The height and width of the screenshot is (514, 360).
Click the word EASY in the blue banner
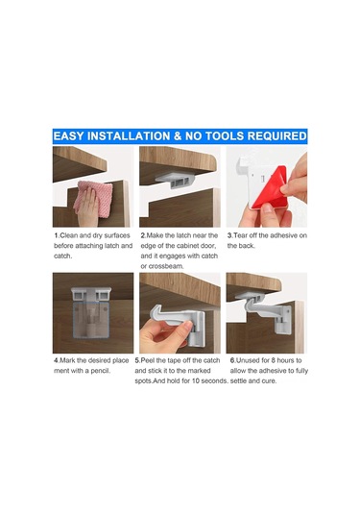(x=68, y=136)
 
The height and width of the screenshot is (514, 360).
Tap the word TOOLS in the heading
(x=226, y=136)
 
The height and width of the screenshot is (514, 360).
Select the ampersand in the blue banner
(x=178, y=136)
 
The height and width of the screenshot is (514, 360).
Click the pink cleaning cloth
(x=93, y=198)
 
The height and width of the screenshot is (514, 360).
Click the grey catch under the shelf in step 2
(x=176, y=181)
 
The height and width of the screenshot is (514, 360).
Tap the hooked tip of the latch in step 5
(x=156, y=311)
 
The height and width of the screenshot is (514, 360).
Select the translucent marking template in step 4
(x=91, y=321)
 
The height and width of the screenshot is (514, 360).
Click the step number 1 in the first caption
(x=57, y=235)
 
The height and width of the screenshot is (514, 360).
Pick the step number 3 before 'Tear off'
(x=229, y=235)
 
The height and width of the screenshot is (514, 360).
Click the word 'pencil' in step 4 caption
(x=100, y=371)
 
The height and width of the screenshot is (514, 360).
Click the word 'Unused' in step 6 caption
(x=248, y=360)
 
